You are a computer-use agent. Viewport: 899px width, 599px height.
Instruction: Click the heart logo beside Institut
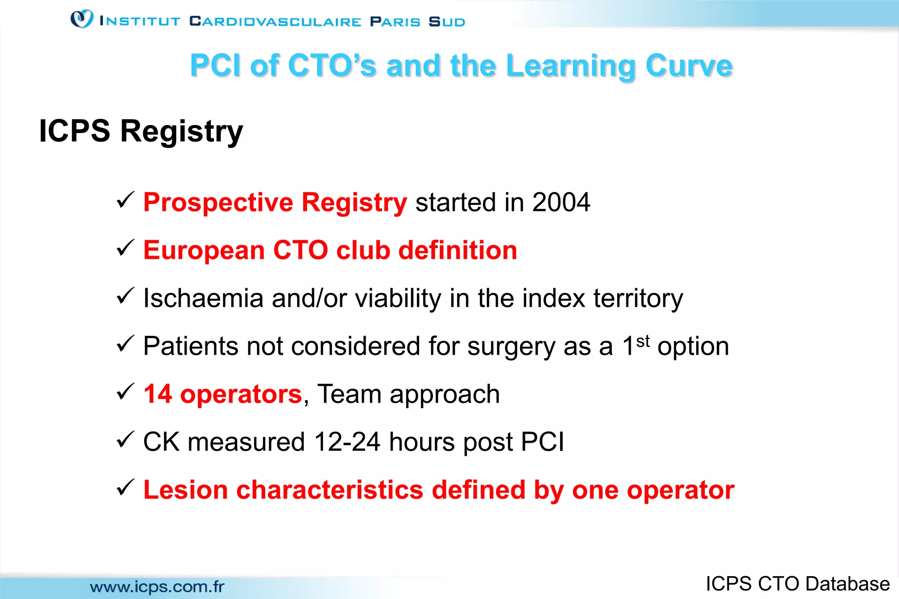pyautogui.click(x=82, y=19)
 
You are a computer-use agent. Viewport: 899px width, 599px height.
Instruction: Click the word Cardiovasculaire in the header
pyautogui.click(x=275, y=21)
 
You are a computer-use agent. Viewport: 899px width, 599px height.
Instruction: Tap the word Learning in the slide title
pyautogui.click(x=571, y=66)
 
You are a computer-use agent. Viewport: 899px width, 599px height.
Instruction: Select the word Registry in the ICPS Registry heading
pyautogui.click(x=181, y=131)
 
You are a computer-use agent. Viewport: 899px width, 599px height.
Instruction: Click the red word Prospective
pyautogui.click(x=218, y=203)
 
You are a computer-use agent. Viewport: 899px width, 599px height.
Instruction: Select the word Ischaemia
pyautogui.click(x=203, y=299)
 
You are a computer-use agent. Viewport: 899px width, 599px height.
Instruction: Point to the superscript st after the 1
pyautogui.click(x=643, y=341)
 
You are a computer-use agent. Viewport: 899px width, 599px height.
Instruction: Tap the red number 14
pyautogui.click(x=157, y=394)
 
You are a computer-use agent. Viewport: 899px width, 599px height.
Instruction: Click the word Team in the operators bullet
pyautogui.click(x=349, y=394)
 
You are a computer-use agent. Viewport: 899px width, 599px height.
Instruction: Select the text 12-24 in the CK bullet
pyautogui.click(x=347, y=442)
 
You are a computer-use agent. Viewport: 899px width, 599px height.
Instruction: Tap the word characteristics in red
pyautogui.click(x=330, y=490)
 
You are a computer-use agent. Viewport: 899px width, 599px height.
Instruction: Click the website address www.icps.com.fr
pyautogui.click(x=157, y=587)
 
